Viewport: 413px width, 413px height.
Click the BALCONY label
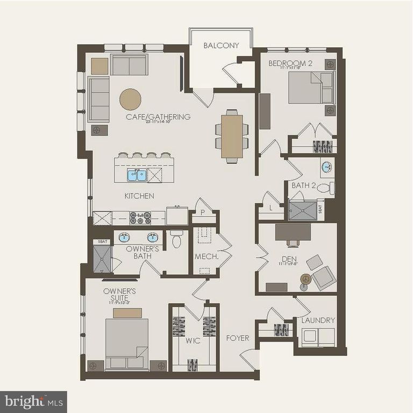coord(221,46)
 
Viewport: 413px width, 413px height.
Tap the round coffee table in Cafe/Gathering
coord(130,99)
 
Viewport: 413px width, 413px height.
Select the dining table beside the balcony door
coord(232,136)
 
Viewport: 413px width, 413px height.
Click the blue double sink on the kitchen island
coord(137,175)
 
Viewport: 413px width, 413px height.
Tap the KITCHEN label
coord(139,196)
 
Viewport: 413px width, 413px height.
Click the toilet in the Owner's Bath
coord(176,240)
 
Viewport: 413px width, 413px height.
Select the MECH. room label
coord(206,257)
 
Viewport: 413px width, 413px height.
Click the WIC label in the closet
coord(194,341)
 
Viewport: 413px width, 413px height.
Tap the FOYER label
coord(237,338)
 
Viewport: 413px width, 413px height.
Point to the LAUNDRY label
coord(318,321)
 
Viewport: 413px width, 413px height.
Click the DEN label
coord(289,259)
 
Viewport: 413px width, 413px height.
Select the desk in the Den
coord(293,232)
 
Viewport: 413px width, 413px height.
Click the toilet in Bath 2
coord(326,188)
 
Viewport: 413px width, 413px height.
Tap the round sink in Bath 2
coord(327,167)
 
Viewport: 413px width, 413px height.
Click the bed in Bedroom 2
coord(311,88)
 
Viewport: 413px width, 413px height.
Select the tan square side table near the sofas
coord(99,66)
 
